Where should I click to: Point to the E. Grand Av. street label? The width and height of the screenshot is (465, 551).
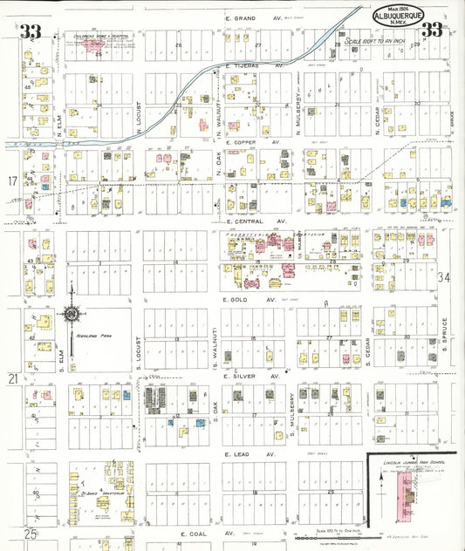250,18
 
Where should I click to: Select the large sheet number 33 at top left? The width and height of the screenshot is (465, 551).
31,33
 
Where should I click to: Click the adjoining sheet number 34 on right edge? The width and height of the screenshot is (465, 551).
445,278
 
